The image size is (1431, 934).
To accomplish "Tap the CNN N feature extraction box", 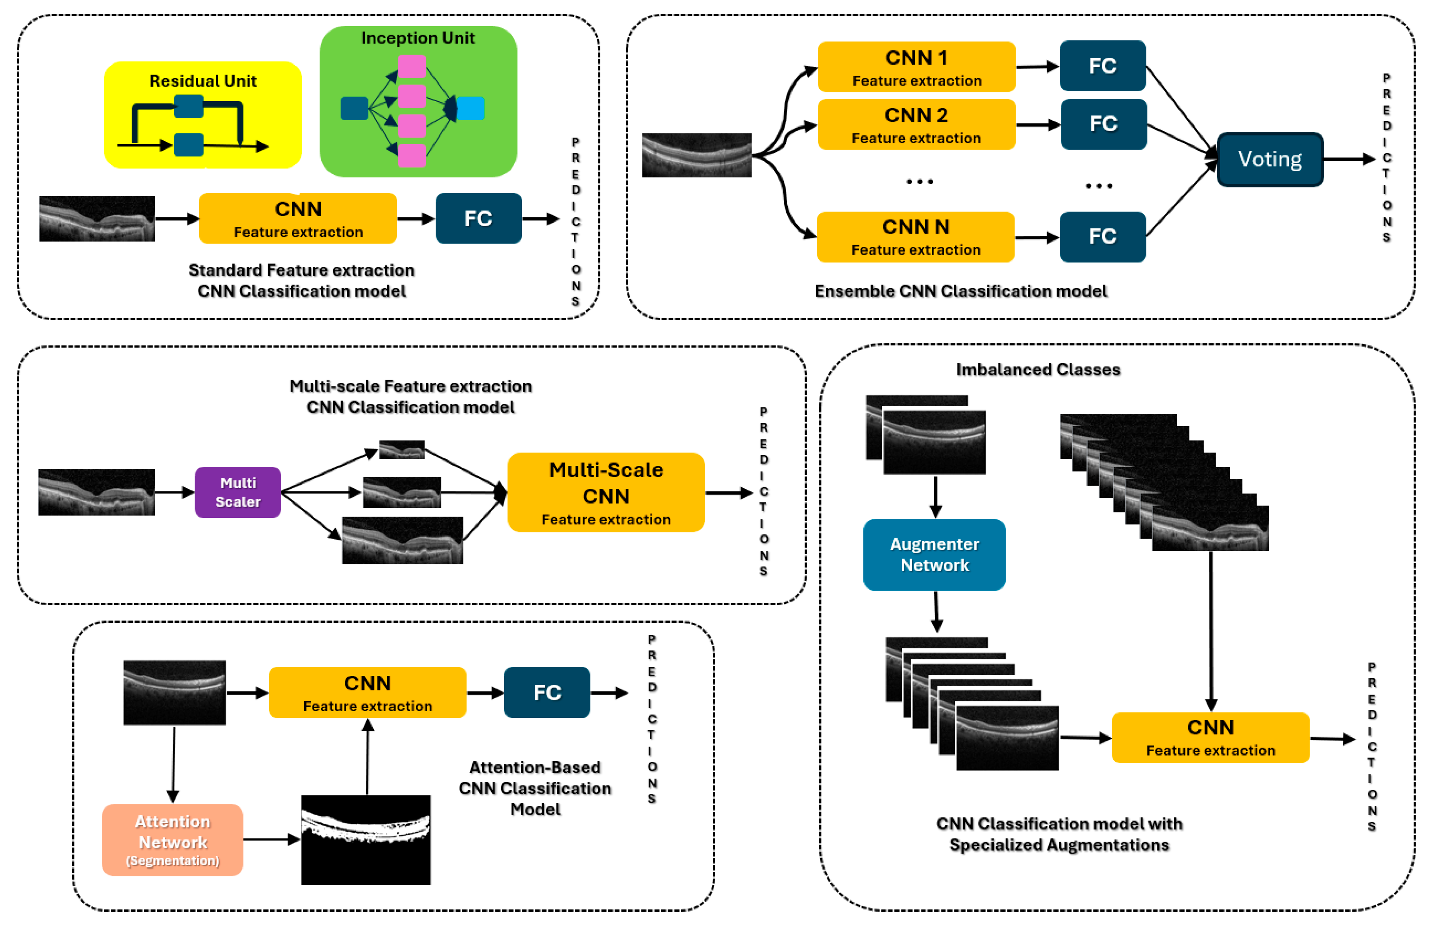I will [x=915, y=237].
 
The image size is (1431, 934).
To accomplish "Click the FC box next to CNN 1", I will [x=1102, y=66].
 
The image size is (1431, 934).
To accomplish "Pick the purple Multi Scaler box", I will [x=238, y=492].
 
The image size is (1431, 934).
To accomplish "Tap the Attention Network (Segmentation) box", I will [x=173, y=840].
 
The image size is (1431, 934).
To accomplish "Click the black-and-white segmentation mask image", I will [x=366, y=840].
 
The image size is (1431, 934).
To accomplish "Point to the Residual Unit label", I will [x=203, y=80].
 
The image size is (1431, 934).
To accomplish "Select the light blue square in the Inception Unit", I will [x=471, y=108].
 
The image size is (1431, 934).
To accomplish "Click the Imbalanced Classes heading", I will [x=1038, y=369].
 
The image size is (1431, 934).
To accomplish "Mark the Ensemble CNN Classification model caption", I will [x=960, y=291].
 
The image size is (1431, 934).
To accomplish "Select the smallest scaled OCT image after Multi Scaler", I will [x=401, y=449].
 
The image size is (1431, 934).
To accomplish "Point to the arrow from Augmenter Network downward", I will [x=936, y=611].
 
